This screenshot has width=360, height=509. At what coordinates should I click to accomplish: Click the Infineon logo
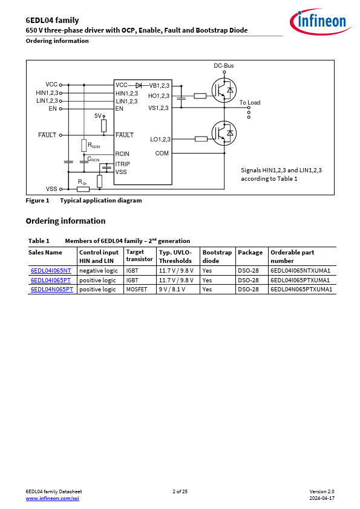(x=320, y=21)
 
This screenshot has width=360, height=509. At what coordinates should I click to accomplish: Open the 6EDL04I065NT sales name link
(x=51, y=271)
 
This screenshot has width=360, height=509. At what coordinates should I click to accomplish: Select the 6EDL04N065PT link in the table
(x=51, y=289)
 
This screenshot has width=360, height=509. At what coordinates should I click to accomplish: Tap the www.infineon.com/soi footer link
(x=52, y=498)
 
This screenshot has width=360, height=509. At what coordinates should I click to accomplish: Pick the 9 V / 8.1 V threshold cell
(x=172, y=289)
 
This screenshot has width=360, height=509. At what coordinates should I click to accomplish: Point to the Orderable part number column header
(x=292, y=256)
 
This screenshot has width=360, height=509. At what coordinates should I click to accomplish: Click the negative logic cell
(x=99, y=271)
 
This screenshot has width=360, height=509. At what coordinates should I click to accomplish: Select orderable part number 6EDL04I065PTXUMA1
(x=300, y=280)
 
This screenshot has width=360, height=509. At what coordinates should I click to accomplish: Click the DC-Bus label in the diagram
(x=223, y=65)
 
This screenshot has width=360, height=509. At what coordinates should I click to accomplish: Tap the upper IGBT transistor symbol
(x=224, y=90)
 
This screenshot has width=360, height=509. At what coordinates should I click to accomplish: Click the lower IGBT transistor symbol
(x=224, y=133)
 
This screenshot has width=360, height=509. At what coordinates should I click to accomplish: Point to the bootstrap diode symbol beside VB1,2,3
(x=139, y=85)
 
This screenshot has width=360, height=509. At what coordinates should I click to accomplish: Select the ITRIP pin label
(x=122, y=164)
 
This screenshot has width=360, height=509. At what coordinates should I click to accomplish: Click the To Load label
(x=250, y=103)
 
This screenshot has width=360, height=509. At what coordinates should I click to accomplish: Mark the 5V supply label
(x=98, y=116)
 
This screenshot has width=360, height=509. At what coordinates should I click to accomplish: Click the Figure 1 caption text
(x=84, y=200)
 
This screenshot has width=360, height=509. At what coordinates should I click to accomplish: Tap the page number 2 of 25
(x=180, y=491)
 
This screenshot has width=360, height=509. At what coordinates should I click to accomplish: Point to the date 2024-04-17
(x=322, y=498)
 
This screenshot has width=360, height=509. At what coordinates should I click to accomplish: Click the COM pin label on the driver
(x=162, y=153)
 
